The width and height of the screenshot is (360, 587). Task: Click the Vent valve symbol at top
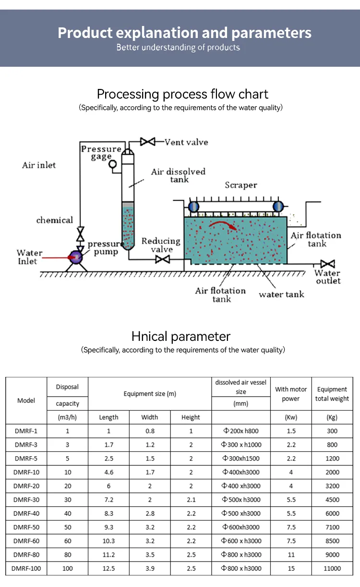click(x=147, y=142)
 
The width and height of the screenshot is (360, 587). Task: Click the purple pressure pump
click(x=76, y=257)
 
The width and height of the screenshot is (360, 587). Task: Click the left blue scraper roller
click(x=193, y=207)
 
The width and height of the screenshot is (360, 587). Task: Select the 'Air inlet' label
click(x=39, y=165)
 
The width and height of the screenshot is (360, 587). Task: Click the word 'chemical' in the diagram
click(x=55, y=220)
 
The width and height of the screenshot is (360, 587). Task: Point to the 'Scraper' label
click(x=241, y=185)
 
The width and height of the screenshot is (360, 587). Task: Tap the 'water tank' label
click(x=281, y=294)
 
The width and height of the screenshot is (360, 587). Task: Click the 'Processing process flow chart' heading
click(x=182, y=94)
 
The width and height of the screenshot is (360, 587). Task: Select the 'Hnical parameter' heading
click(x=180, y=336)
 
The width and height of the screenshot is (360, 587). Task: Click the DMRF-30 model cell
click(x=26, y=500)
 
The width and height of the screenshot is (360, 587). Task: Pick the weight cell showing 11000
click(x=332, y=568)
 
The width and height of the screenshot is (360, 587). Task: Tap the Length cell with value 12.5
click(x=108, y=568)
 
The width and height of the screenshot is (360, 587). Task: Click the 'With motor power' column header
click(x=291, y=394)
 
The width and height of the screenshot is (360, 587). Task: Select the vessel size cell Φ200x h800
click(x=241, y=431)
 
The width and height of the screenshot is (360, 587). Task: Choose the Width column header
click(x=150, y=417)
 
